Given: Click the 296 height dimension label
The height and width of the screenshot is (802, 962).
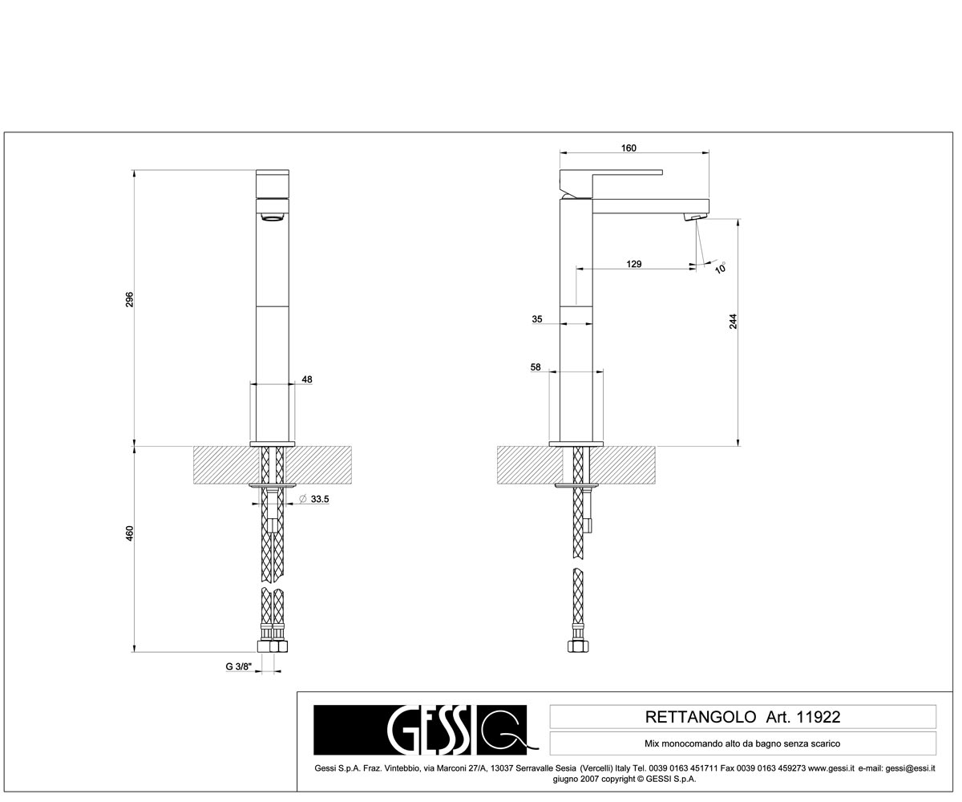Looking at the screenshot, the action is tap(129, 300).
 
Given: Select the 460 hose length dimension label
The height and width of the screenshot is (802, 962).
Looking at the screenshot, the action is tap(129, 533).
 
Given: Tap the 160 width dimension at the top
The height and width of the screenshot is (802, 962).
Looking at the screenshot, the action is tap(629, 148).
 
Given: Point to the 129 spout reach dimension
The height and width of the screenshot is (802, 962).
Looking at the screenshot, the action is tap(634, 264).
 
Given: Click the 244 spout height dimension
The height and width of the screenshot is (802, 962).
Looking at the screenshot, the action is tap(733, 322).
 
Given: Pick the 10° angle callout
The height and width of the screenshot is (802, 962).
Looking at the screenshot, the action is tap(721, 268).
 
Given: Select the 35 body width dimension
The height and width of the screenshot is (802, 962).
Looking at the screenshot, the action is tap(537, 319).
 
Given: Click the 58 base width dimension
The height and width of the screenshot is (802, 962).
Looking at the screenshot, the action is tap(536, 367).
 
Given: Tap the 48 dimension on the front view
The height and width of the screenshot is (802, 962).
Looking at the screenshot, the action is tap(307, 379).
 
